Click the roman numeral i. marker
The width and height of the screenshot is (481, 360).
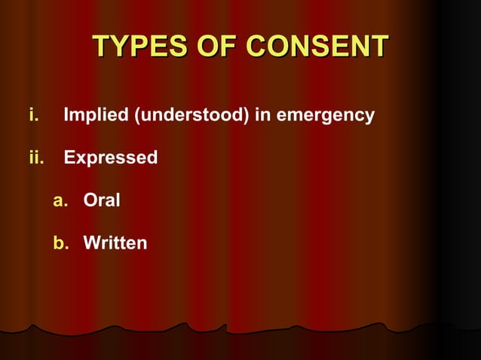click(x=33, y=116)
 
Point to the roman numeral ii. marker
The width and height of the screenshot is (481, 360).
click(x=36, y=158)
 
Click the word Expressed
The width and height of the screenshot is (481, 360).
click(x=110, y=158)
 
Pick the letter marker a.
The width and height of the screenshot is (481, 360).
click(x=60, y=201)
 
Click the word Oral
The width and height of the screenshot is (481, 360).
click(x=102, y=201)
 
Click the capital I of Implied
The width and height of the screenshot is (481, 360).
click(x=66, y=116)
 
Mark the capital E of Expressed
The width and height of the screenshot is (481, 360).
click(x=69, y=158)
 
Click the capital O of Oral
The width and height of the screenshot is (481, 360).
click(x=90, y=201)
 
